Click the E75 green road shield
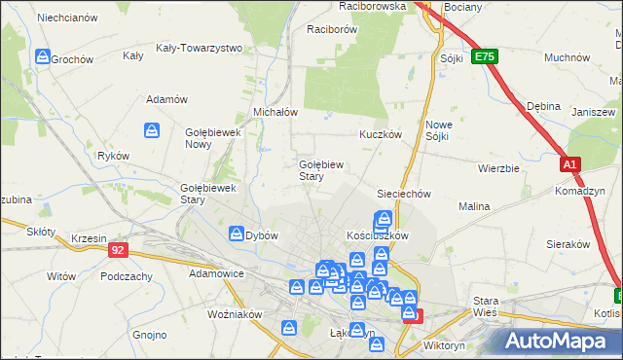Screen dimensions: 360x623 click(x=485, y=58)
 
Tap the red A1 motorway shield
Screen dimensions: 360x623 click(x=571, y=165)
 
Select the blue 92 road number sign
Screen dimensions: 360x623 click(x=118, y=250)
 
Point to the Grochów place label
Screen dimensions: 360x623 click(x=72, y=58)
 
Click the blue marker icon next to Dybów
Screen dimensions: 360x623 click(x=237, y=234)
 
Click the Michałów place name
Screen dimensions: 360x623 click(x=275, y=112)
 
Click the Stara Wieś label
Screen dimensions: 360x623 click(x=485, y=306)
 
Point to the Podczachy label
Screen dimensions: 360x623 click(x=126, y=276)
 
